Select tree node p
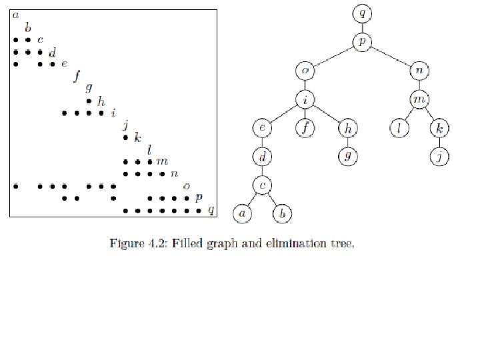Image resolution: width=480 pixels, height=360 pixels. click(362, 41)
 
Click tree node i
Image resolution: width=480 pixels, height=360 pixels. click(306, 99)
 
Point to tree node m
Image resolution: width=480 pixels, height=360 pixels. click(419, 99)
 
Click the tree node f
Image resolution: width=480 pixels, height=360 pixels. click(306, 128)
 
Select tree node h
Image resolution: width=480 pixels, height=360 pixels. click(347, 128)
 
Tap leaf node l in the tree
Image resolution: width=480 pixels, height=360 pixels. click(398, 128)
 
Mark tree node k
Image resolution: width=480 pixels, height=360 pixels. click(439, 128)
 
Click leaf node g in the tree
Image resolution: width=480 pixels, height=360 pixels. click(347, 157)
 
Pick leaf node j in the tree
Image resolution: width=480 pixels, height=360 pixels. click(439, 157)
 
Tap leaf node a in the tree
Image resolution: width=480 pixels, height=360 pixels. click(241, 213)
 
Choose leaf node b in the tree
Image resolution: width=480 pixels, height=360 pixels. click(283, 213)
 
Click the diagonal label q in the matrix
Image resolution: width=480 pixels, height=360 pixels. click(211, 211)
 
